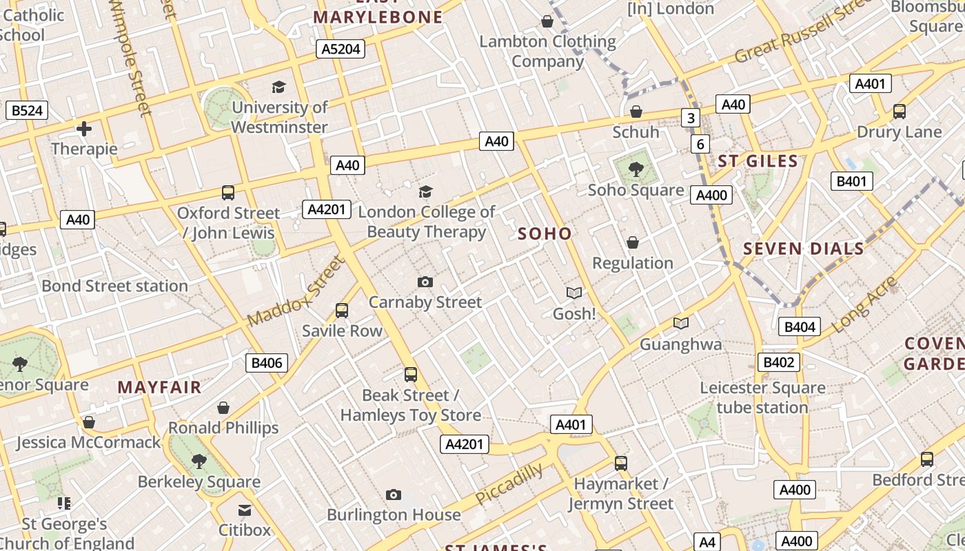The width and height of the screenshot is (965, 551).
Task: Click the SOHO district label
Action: click(545, 233)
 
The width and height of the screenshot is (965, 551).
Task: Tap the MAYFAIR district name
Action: click(159, 387)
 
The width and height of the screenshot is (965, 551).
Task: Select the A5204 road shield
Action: click(340, 49)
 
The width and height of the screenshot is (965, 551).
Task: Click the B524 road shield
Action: click(27, 110)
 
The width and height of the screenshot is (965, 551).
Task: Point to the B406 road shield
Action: click(267, 363)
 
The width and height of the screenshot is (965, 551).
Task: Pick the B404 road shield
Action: click(800, 326)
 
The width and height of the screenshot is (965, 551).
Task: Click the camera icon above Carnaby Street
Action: click(425, 282)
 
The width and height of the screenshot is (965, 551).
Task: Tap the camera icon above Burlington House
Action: click(394, 495)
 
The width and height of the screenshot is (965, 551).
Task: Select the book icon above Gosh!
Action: click(574, 293)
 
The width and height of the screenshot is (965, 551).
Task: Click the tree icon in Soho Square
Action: click(636, 168)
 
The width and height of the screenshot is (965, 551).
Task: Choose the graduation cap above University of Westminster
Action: click(278, 87)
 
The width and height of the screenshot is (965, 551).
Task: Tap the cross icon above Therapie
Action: click(84, 128)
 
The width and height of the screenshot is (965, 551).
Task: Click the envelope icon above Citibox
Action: click(245, 510)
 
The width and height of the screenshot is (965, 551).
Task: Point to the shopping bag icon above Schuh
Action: click(636, 112)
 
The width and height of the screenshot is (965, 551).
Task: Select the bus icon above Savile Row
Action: click(342, 311)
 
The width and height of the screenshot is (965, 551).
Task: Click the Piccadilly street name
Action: click(509, 484)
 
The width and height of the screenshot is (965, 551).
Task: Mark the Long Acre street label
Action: click(864, 305)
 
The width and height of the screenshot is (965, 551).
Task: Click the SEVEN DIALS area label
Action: click(803, 249)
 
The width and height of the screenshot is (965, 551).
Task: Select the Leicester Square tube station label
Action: click(762, 397)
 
